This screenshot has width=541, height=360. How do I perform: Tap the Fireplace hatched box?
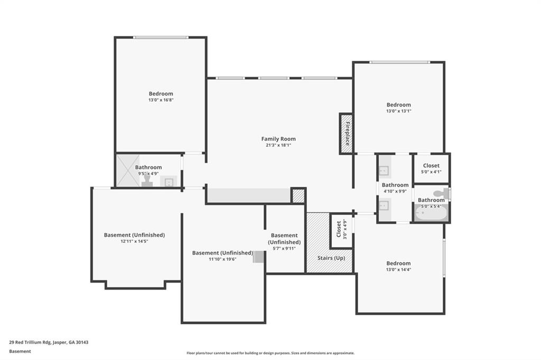pyautogui.click(x=346, y=134)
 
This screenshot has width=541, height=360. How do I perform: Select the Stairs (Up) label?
pyautogui.click(x=331, y=258)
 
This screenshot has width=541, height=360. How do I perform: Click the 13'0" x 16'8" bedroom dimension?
pyautogui.click(x=161, y=100)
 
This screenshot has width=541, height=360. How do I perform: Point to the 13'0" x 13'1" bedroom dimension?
pyautogui.click(x=398, y=111)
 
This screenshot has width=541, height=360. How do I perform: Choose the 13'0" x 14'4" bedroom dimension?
pyautogui.click(x=398, y=270)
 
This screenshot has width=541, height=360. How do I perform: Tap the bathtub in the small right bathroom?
pyautogui.click(x=431, y=213)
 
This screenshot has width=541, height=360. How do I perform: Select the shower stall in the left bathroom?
pyautogui.click(x=127, y=170)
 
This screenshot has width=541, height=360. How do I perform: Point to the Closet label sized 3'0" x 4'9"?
pyautogui.click(x=339, y=230)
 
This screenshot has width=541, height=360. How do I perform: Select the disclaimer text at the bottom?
pyautogui.click(x=270, y=353)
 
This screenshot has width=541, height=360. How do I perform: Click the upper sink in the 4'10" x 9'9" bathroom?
pyautogui.click(x=384, y=170)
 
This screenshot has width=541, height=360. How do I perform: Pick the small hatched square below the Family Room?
pyautogui.click(x=298, y=195)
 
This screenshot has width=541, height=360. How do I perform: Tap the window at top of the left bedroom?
pyautogui.click(x=160, y=37)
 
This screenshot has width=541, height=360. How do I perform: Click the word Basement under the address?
pyautogui.click(x=20, y=351)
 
